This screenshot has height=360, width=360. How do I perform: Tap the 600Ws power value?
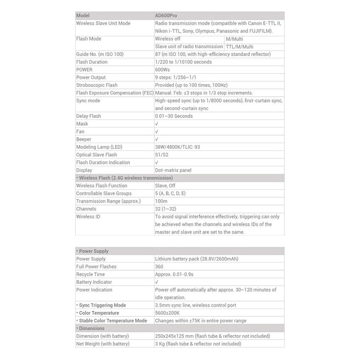coord(163,69)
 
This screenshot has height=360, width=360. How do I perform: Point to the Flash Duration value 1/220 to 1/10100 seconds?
coord(183,61)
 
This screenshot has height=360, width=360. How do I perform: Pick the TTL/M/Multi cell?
coord(240,46)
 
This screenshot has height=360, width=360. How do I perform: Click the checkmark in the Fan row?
coord(156,131)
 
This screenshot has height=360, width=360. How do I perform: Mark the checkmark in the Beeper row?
coord(156,139)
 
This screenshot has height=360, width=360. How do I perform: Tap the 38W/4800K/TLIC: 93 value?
coord(178,147)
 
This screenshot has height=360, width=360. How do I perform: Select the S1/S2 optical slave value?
coord(161,154)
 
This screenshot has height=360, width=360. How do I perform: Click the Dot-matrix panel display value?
coord(173,170)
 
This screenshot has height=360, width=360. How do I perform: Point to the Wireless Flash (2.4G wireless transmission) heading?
coord(124,178)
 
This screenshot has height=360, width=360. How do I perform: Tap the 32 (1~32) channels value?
coord(165,209)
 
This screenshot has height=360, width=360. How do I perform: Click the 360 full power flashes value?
coord(160,267)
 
